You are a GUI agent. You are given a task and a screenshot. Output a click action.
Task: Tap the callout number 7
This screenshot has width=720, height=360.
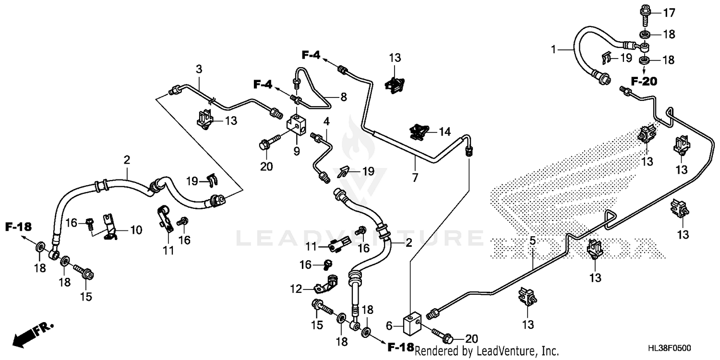415,177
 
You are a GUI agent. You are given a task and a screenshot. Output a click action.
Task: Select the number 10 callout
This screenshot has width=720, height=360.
136,230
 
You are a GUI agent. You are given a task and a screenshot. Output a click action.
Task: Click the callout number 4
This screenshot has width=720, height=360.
326,121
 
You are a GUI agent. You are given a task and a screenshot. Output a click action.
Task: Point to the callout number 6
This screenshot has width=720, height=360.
390,326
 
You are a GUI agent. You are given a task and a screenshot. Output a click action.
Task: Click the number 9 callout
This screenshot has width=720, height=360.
297,151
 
